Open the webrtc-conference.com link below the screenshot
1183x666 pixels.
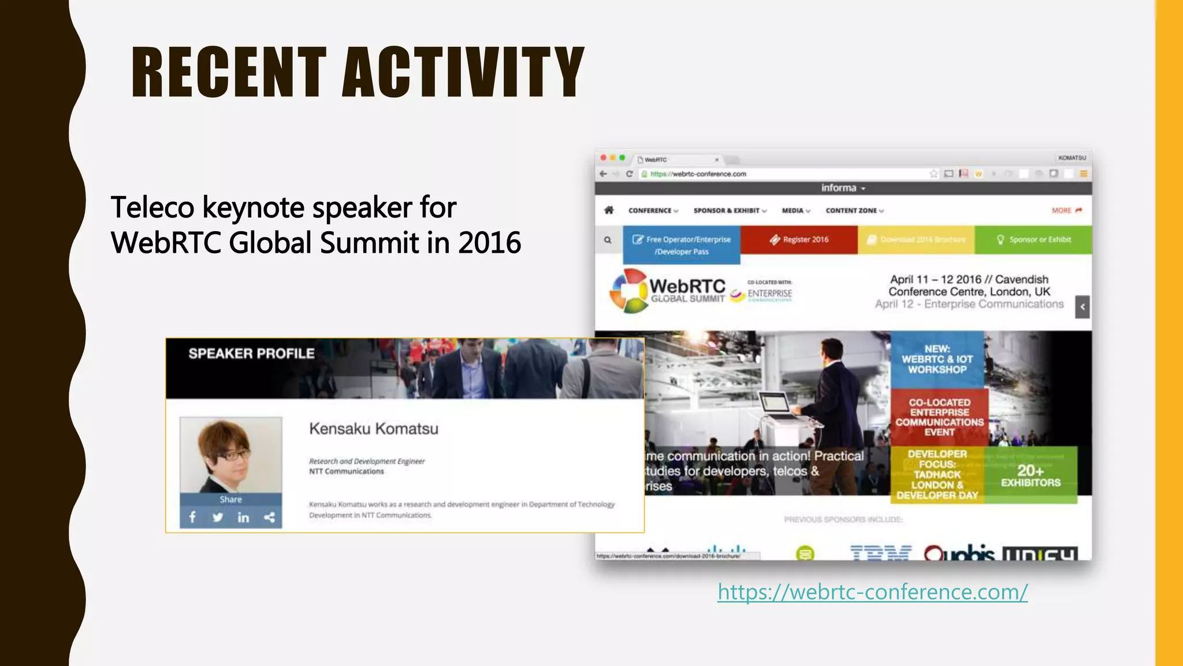pos(872,592)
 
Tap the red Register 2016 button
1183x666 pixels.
pos(799,239)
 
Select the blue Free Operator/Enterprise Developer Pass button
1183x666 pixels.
pos(682,245)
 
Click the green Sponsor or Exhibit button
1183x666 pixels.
pos(1033,239)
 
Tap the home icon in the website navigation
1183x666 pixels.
pos(609,210)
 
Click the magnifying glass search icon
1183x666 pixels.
pos(608,240)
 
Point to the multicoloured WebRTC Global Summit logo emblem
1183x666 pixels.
pos(628,290)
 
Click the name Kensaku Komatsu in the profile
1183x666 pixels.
pos(374,429)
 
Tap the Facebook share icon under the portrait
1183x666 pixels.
pos(192,517)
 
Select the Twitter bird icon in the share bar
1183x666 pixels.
pos(217,517)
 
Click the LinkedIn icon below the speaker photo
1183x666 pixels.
pos(243,517)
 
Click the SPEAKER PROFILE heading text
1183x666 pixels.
pos(251,354)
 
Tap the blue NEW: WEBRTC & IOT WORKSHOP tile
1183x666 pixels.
pos(936,359)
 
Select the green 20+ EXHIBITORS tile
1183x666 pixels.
pos(1031,475)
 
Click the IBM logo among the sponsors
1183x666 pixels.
pos(880,553)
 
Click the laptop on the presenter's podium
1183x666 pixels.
pos(777,405)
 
